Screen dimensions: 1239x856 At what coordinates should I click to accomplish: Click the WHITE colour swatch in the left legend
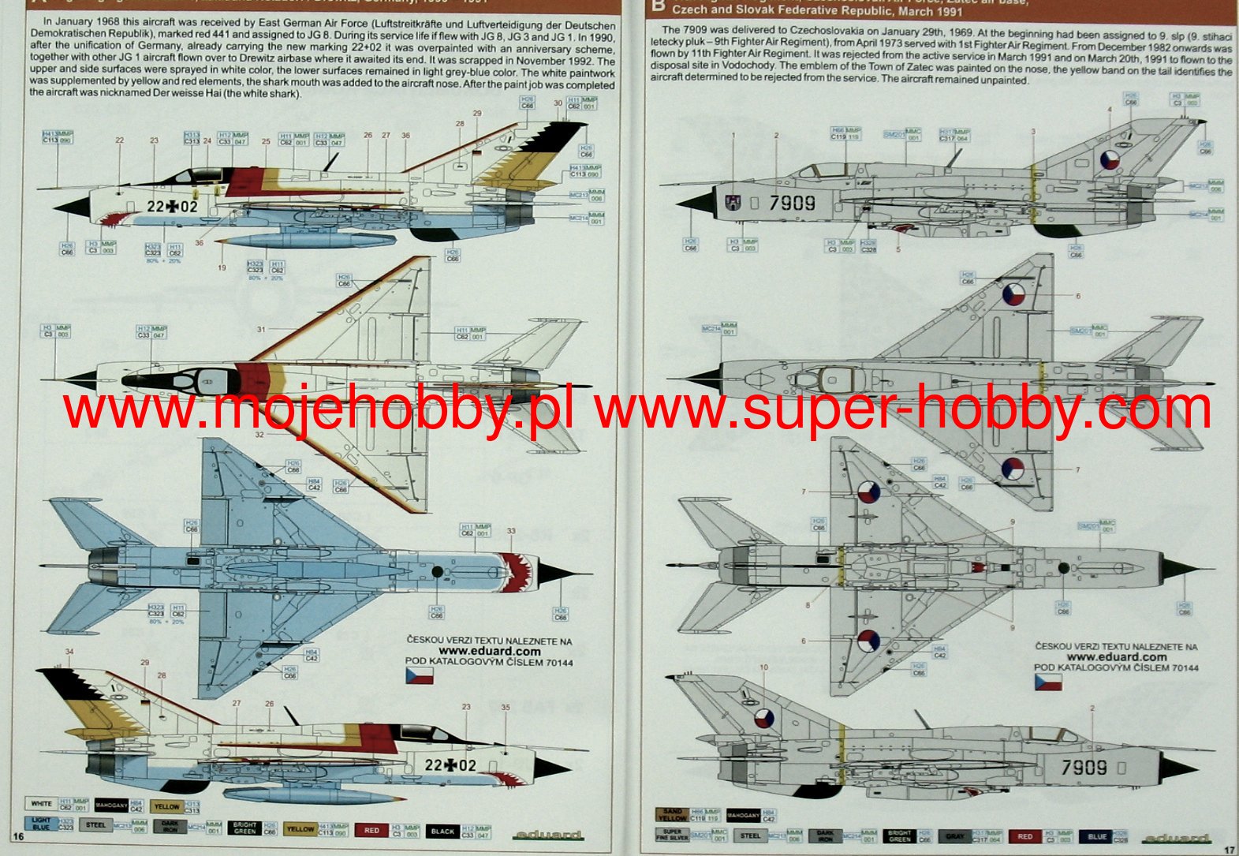pyautogui.click(x=42, y=804)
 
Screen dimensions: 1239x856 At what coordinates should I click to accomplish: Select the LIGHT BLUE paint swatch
pyautogui.click(x=41, y=824)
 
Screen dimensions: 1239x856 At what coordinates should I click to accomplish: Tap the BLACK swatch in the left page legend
pyautogui.click(x=443, y=831)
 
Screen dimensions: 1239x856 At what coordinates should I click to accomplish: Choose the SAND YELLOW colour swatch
pyautogui.click(x=672, y=814)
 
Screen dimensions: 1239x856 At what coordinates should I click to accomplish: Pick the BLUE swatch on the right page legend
pyautogui.click(x=1096, y=836)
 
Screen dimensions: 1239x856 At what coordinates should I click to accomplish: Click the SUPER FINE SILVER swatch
pyautogui.click(x=672, y=835)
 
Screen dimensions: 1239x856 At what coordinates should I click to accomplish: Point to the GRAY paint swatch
pyautogui.click(x=955, y=836)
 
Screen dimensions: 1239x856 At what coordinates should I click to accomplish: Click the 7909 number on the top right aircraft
pyautogui.click(x=793, y=203)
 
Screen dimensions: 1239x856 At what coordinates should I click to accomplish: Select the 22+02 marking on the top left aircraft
pyautogui.click(x=172, y=207)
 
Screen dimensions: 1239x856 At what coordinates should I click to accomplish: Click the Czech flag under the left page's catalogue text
pyautogui.click(x=419, y=675)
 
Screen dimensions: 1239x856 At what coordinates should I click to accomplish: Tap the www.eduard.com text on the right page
pyautogui.click(x=1116, y=656)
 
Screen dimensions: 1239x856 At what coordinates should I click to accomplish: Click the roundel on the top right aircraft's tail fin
pyautogui.click(x=1110, y=161)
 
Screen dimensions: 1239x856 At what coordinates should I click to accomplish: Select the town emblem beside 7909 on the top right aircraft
pyautogui.click(x=733, y=203)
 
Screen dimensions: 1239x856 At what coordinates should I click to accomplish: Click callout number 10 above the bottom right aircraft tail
pyautogui.click(x=763, y=667)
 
